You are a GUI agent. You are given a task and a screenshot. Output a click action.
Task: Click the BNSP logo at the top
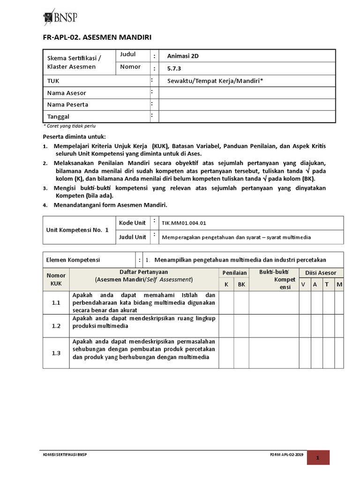60,17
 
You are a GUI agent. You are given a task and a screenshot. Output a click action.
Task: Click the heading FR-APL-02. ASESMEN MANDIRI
97,37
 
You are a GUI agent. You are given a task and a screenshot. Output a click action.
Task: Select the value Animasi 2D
183,56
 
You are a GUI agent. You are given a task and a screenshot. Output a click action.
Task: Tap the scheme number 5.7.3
173,68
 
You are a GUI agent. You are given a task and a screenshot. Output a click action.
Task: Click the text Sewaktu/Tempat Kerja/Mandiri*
215,81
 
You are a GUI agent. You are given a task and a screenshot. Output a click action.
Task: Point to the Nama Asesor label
67,93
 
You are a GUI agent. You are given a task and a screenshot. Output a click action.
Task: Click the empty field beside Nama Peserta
247,104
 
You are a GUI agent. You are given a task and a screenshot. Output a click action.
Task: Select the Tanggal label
58,116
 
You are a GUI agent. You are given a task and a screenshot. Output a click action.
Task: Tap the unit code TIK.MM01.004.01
183,224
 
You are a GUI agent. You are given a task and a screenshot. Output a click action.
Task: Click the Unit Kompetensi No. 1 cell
78,230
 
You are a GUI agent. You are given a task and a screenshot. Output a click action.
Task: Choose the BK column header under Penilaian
241,284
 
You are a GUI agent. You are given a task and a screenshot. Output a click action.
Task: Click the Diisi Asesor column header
321,272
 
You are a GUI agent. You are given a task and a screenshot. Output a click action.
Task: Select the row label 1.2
56,326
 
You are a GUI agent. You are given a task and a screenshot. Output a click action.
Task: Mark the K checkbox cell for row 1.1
226,303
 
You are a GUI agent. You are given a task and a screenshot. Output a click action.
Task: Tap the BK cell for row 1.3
241,353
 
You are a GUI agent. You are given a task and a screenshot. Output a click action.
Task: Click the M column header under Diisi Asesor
339,284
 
